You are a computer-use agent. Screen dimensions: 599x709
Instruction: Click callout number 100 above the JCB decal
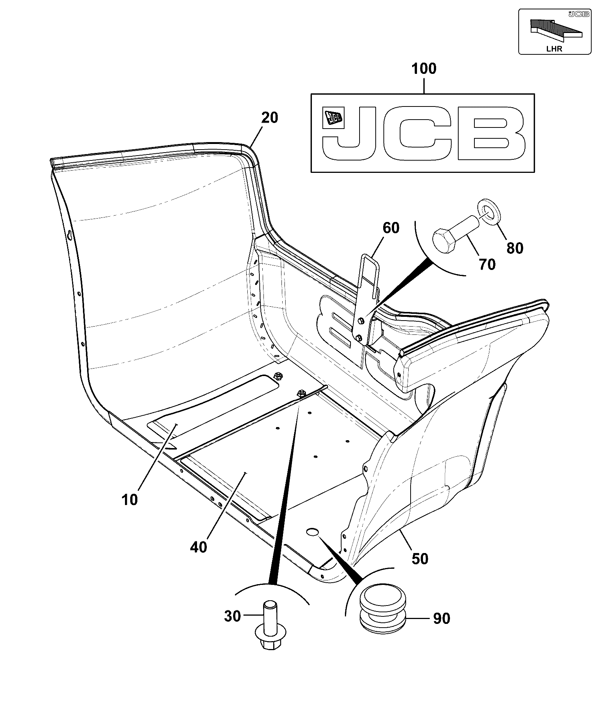coord(424,69)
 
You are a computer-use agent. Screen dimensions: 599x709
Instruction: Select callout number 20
coord(269,118)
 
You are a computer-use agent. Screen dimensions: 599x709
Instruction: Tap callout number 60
coord(391,228)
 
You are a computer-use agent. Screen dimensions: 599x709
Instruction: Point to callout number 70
coord(487,265)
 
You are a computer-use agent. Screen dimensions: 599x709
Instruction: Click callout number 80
coord(515,248)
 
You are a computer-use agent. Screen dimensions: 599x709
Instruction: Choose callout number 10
coord(129,500)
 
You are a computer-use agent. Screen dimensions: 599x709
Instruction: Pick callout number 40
coord(199,547)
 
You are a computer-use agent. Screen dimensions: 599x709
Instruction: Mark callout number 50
coord(420,559)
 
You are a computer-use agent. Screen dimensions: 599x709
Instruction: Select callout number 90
coord(441,619)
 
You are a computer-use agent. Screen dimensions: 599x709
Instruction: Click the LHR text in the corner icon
coord(554,49)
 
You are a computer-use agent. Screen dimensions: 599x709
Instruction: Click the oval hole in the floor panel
coord(312,532)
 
